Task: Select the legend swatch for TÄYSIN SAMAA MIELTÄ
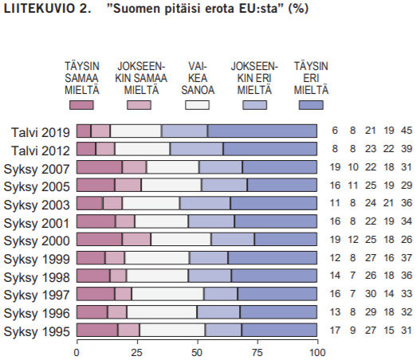coord(82,104)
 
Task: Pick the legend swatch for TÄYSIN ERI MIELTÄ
coord(312,104)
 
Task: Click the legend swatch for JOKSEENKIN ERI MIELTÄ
coord(253,104)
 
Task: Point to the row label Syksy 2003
coord(38,203)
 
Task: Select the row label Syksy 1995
coord(38,330)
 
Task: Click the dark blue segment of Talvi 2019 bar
coord(263,131)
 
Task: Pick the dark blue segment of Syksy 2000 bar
coord(286,239)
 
